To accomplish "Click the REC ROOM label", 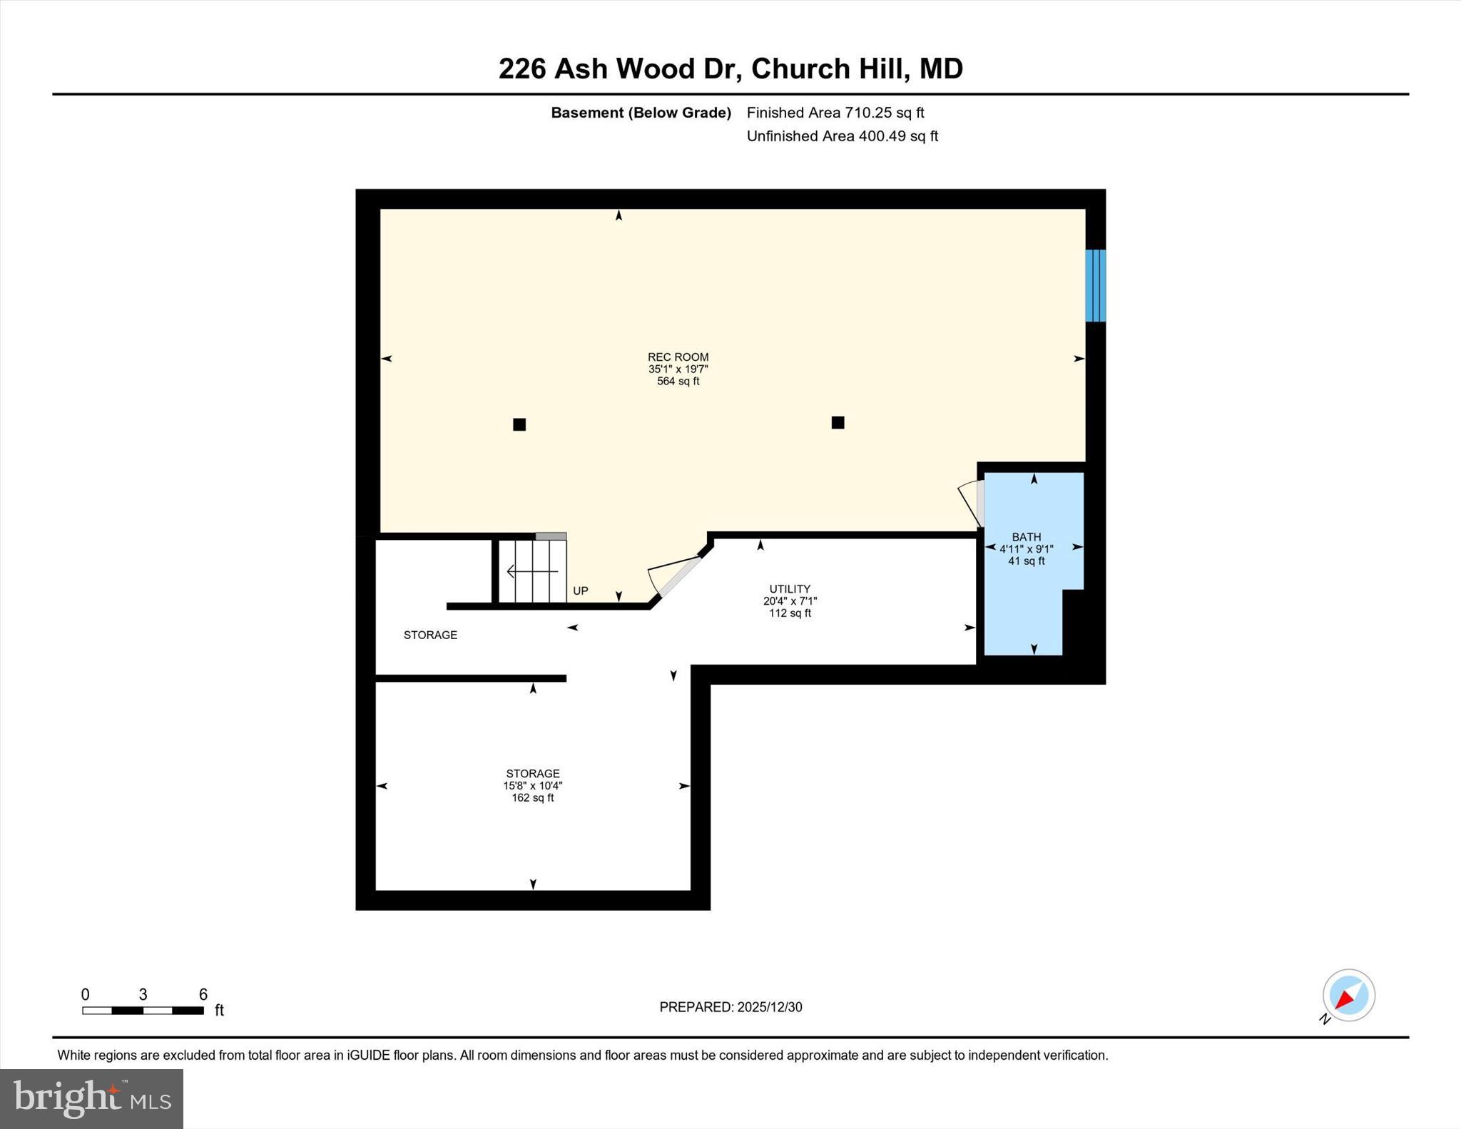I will (678, 357).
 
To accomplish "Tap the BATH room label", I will (1026, 537).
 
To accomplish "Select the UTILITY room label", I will (790, 589).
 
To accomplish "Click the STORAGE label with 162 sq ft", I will (533, 774).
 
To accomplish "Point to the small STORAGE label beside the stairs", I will (430, 635).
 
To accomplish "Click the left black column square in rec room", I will (519, 424).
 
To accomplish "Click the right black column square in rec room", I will (838, 422).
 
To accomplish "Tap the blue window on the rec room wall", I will (1095, 285).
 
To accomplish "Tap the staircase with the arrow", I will (532, 571).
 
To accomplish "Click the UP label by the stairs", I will (581, 591).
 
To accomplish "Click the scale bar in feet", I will (143, 1010).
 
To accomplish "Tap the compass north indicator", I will (1348, 996).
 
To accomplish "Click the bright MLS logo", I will (91, 1098).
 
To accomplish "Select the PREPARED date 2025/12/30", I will (730, 1007).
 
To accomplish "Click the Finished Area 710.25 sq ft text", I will (835, 113).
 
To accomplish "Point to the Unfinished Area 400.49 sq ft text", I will (842, 136).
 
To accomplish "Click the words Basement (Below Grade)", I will (641, 113).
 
